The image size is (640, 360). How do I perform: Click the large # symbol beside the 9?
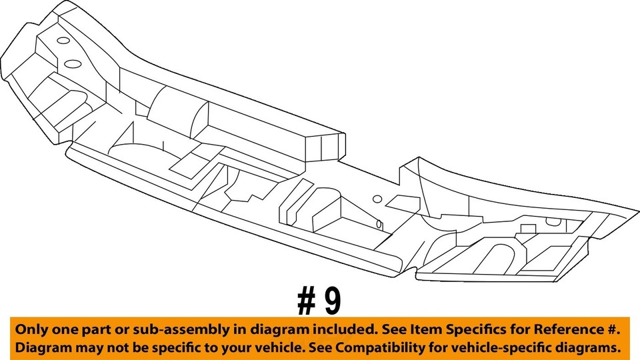coord(305,301)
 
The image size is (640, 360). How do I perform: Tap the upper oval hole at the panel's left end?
coord(64,41)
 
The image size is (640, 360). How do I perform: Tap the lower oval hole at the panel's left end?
coord(73,64)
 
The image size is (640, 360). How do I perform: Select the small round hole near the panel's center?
coord(377,199)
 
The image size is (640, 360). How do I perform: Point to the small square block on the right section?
coord(527,229)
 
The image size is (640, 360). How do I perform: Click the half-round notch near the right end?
coord(553,222)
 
